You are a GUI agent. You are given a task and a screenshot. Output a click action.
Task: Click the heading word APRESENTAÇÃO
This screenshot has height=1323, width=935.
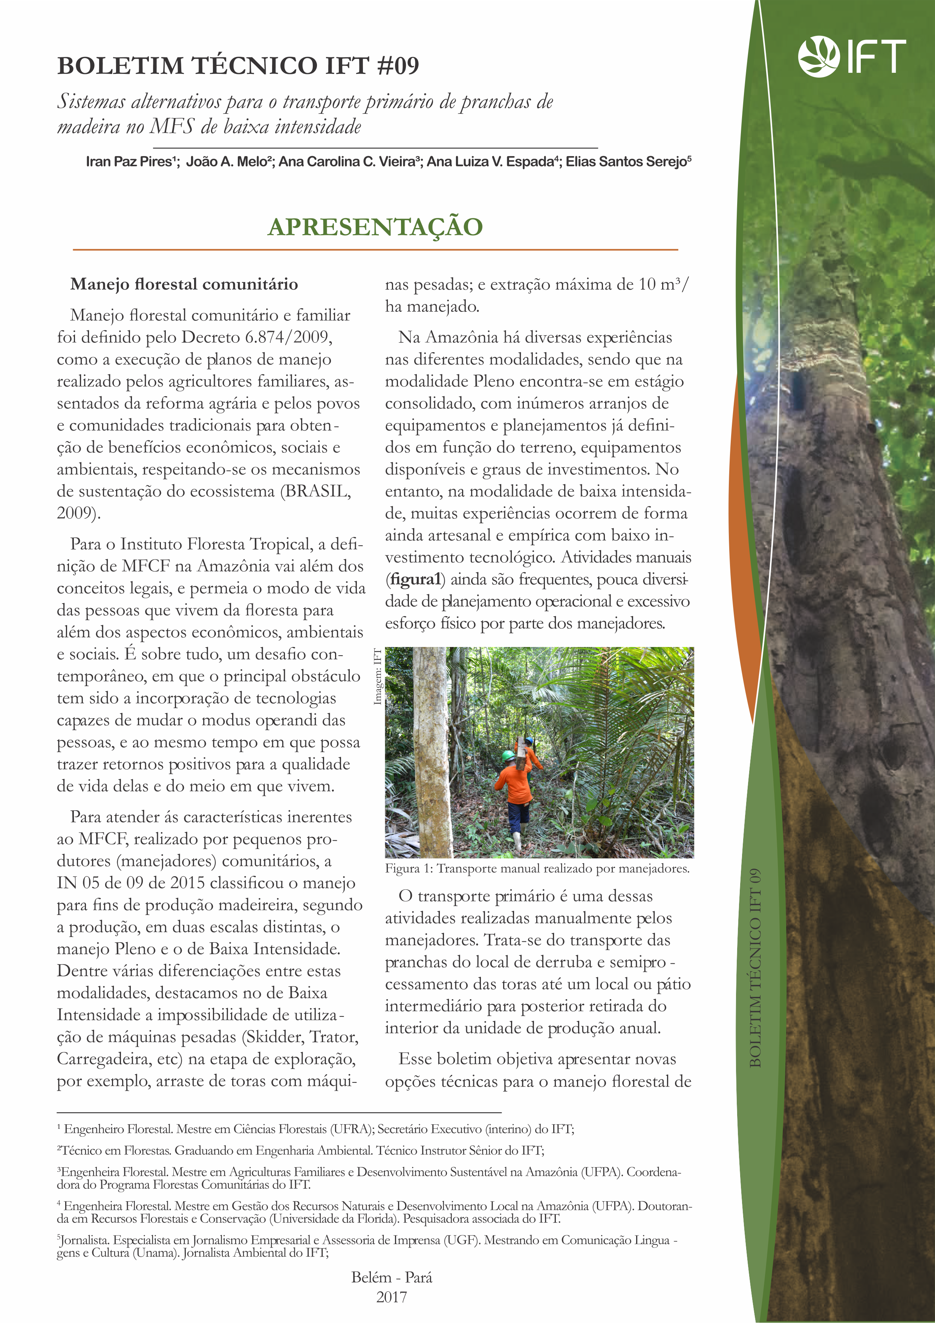(375, 227)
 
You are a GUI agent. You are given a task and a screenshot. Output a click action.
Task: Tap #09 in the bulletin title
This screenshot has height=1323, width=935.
(398, 66)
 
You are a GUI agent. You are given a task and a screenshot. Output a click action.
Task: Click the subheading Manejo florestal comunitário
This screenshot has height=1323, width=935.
(184, 284)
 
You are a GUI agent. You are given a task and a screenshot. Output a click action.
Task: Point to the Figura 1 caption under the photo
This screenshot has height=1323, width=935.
(537, 868)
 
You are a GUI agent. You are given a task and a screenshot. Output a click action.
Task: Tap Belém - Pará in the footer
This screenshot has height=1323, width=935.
(391, 1277)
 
